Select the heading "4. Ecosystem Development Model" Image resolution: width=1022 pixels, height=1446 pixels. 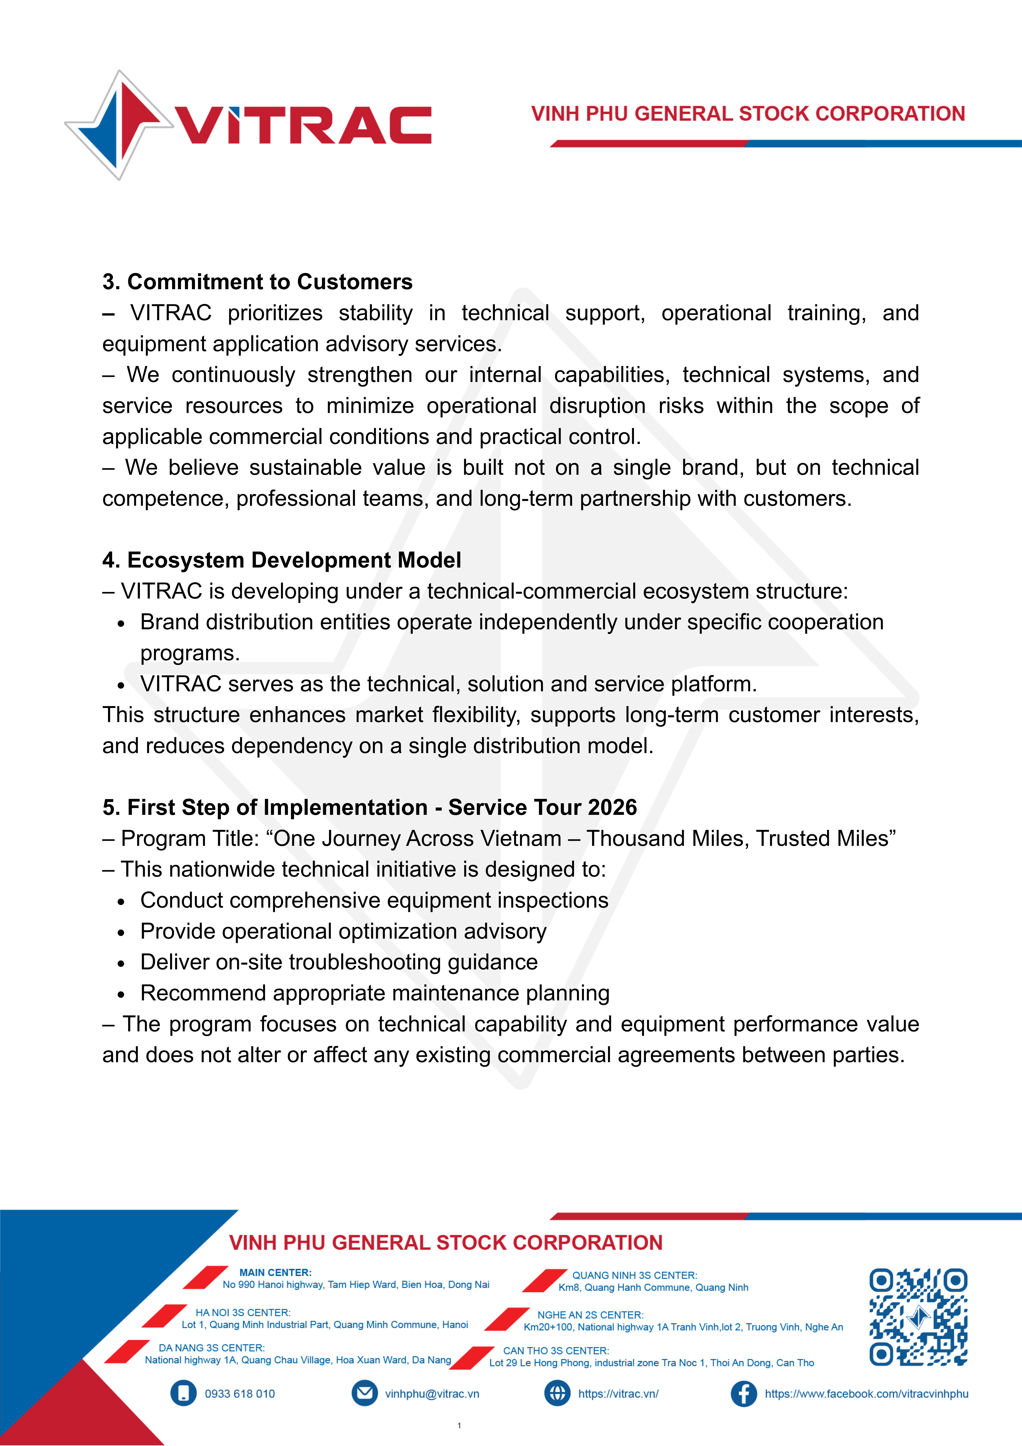coord(281,560)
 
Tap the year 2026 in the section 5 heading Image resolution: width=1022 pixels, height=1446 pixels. coord(612,807)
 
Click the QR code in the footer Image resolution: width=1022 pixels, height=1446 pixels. coord(918,1316)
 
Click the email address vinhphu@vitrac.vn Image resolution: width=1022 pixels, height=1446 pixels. coord(432,1394)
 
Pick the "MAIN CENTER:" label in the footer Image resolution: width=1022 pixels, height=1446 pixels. coord(275,1272)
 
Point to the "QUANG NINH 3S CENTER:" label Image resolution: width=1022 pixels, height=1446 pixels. coord(634,1275)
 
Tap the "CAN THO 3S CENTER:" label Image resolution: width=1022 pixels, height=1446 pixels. coord(556,1351)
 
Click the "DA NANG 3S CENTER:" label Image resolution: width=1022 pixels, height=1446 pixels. coord(212,1348)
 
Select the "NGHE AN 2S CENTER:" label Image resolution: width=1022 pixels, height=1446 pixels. coord(590,1315)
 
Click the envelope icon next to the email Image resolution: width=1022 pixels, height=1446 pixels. coord(364,1393)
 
